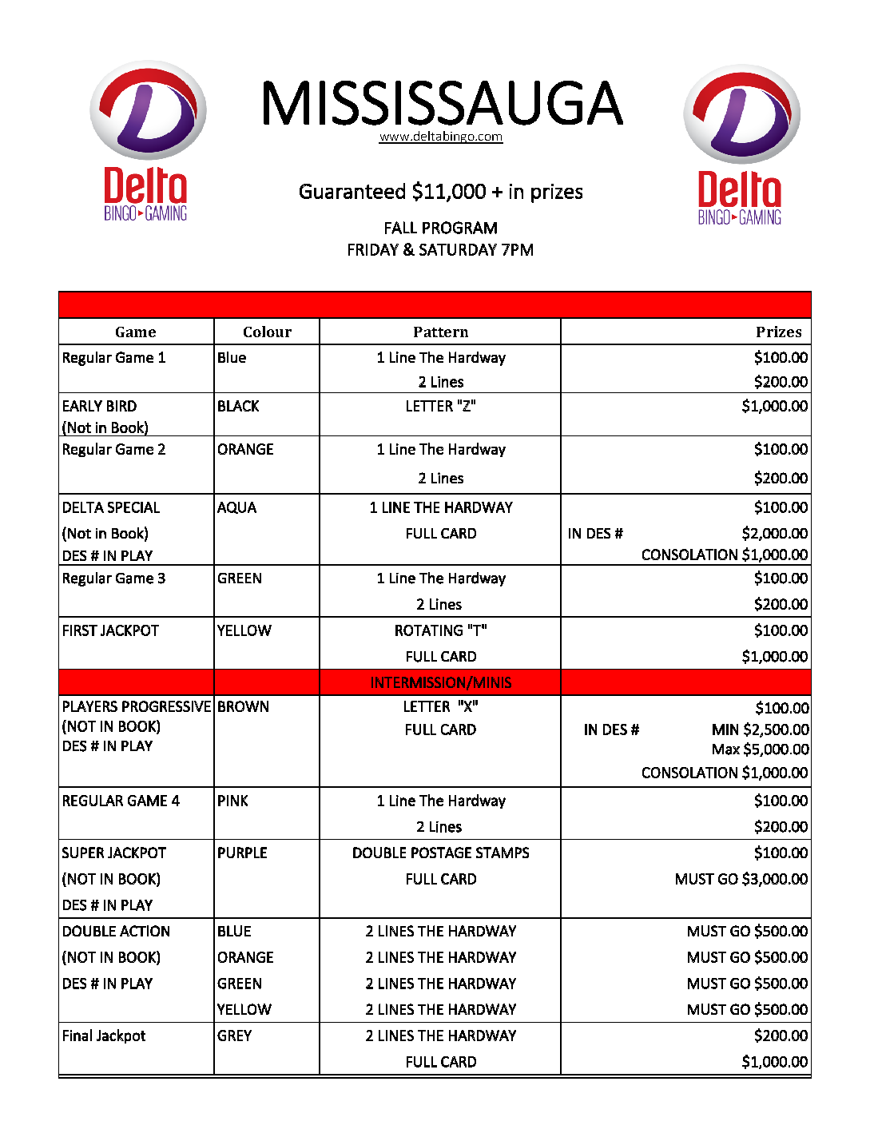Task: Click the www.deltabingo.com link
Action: pos(440,137)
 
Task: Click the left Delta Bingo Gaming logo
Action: pos(147,141)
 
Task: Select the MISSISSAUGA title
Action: pos(441,103)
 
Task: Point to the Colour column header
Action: pos(267,332)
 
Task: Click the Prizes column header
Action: pos(778,332)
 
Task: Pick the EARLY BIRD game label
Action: pos(99,406)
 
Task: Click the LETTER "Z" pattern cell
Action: pos(440,406)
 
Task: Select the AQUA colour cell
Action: pos(237,507)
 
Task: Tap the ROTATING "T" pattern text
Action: pos(440,630)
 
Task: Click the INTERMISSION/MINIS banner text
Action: pos(440,682)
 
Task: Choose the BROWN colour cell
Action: pos(243,706)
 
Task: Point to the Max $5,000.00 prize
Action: pos(760,749)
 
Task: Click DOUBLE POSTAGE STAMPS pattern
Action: pos(440,853)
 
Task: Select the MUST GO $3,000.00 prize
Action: pos(741,879)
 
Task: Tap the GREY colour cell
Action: pos(234,1036)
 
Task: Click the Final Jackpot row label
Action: pos(104,1036)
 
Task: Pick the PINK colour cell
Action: pos(232,801)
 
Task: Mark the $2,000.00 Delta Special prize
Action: pos(774,533)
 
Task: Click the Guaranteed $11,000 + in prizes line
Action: pos(440,192)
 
